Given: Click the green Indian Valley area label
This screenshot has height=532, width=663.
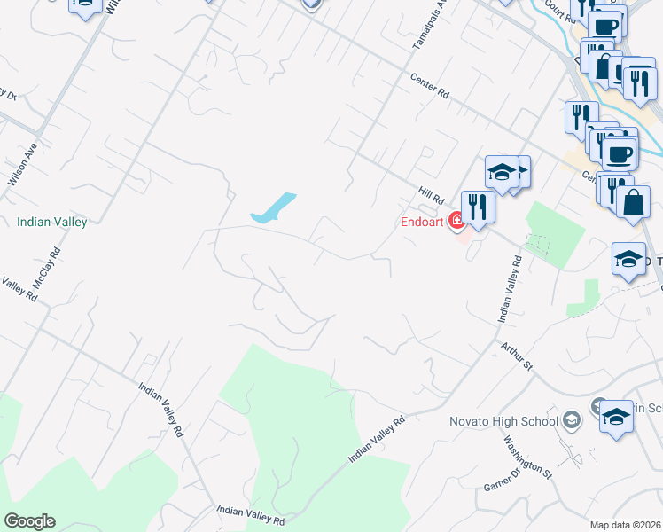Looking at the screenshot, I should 52,223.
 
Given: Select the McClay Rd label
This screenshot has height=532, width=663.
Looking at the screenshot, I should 46,263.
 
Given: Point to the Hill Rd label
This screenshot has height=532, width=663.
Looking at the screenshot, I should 431,192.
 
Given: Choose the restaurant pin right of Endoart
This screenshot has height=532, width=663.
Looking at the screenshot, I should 478,207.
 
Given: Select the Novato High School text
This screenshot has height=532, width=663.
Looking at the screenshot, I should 501,420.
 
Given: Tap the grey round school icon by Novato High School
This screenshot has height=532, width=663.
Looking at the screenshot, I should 572,419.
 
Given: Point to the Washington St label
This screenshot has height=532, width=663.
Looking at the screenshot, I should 527,454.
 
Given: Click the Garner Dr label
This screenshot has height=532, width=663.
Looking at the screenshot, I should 502,479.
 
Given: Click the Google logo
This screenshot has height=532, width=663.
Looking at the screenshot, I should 29,521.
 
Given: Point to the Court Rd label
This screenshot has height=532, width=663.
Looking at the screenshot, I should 561,10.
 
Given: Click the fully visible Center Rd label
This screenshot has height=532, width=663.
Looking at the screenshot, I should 431,86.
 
